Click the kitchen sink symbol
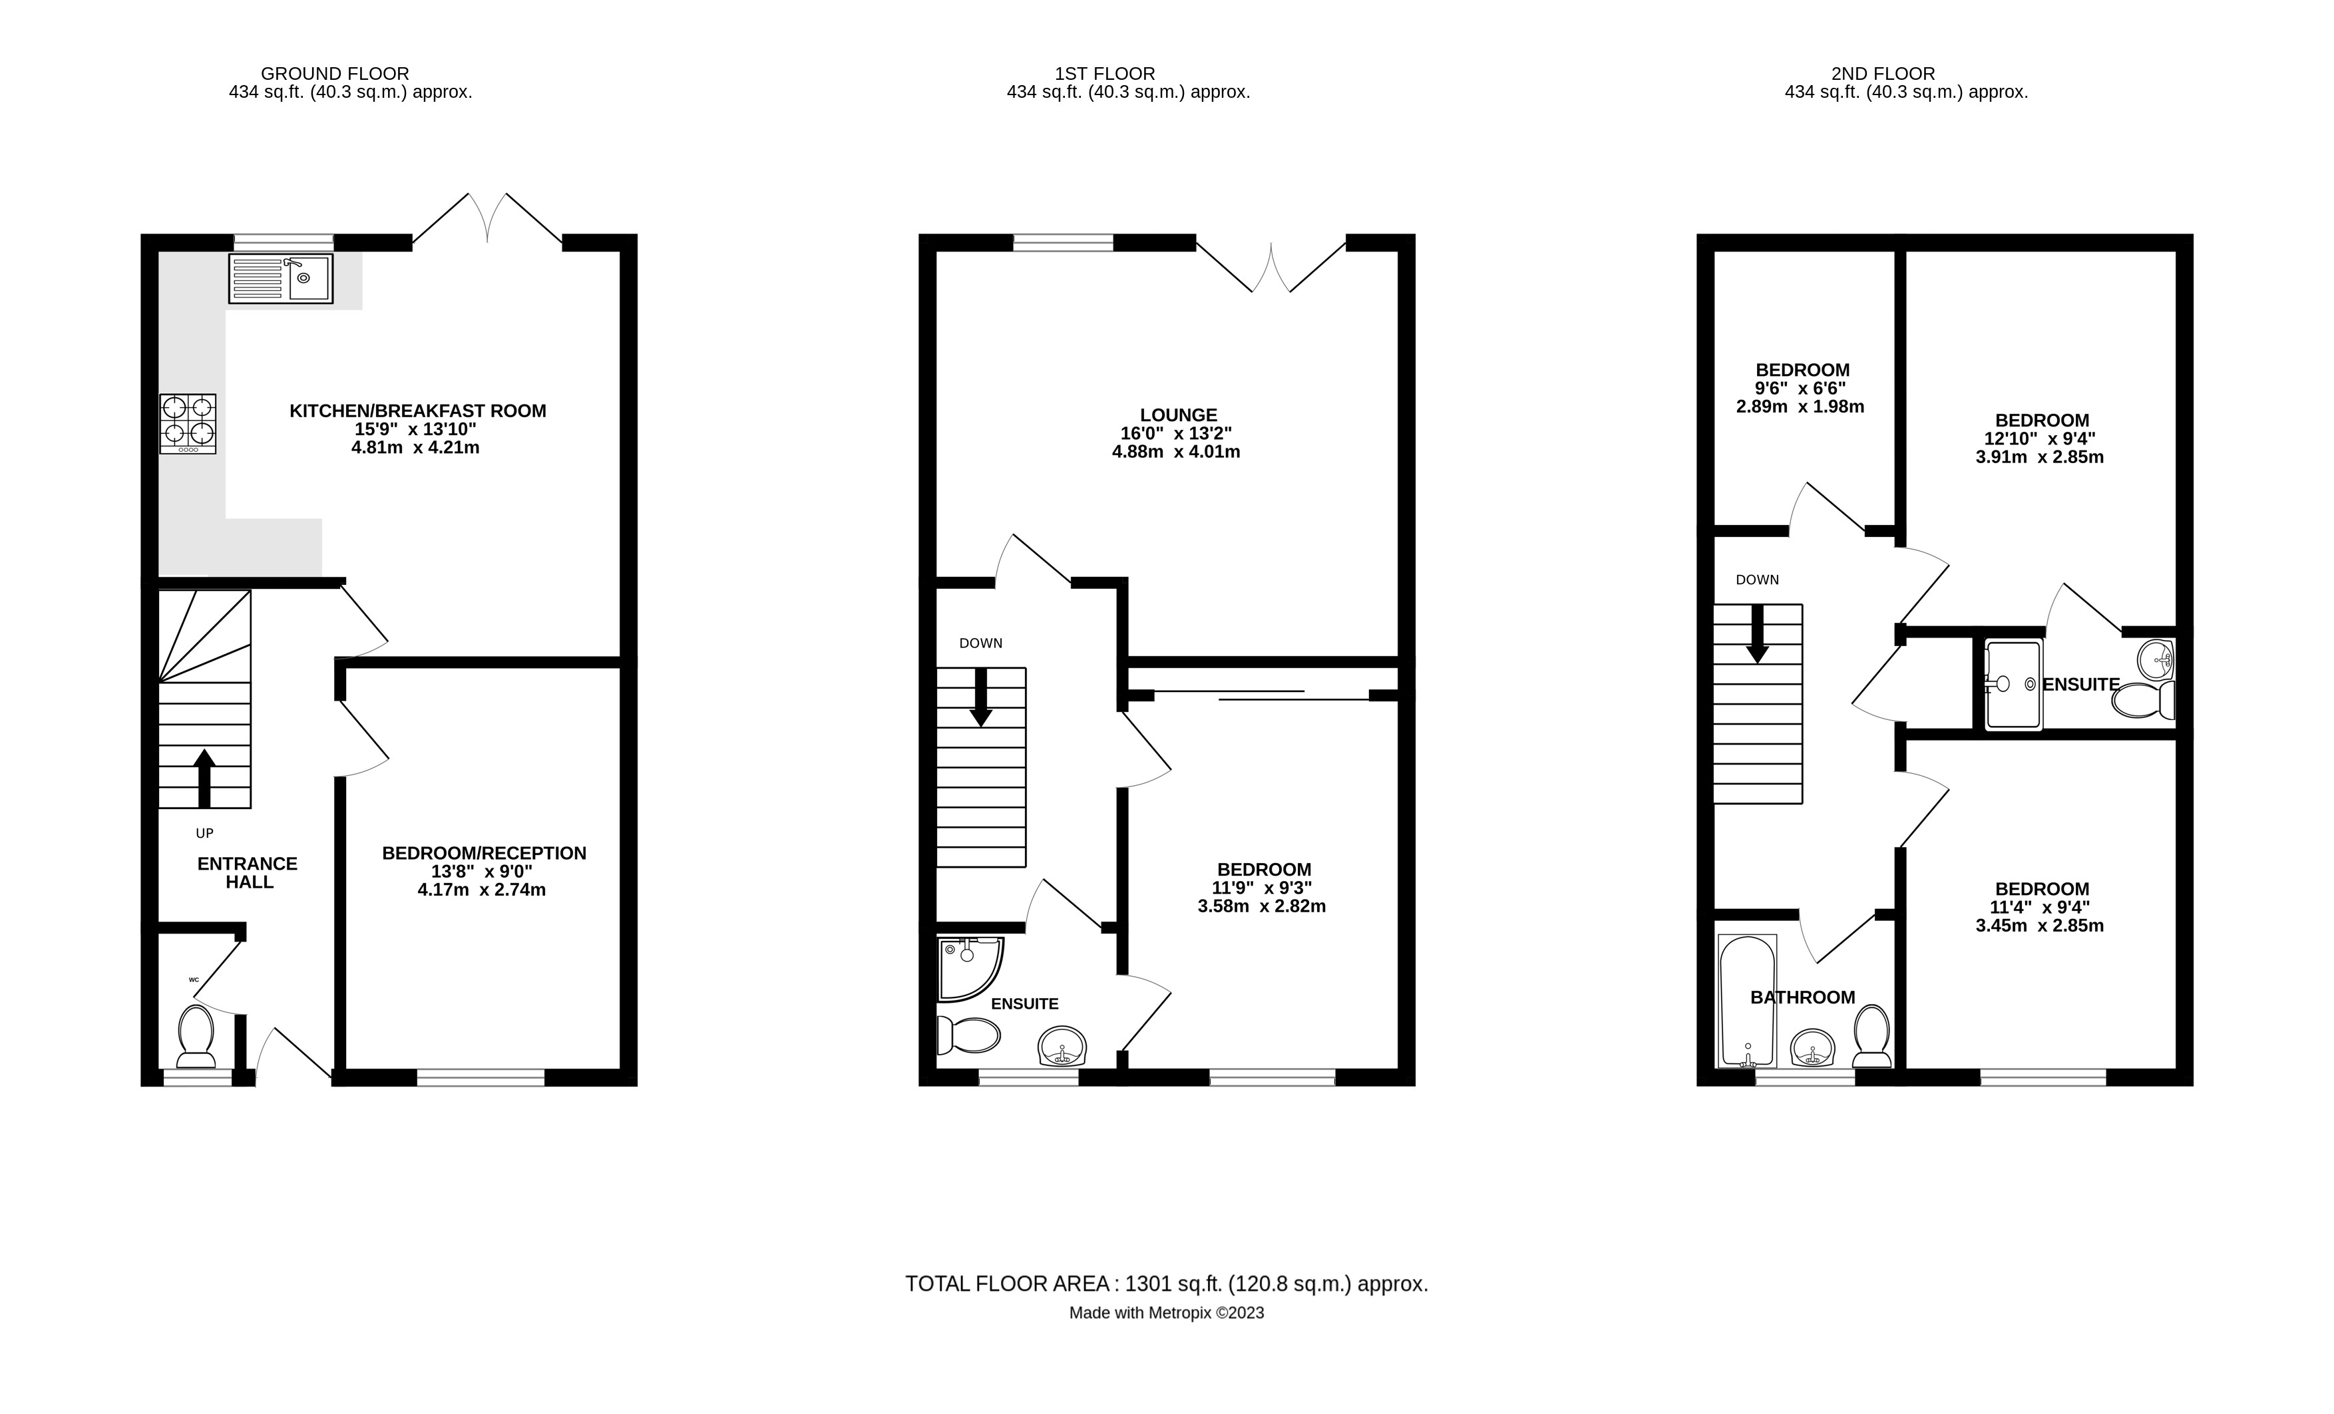(x=280, y=278)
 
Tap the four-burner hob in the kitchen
(x=188, y=423)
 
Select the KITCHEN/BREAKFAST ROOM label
(x=418, y=411)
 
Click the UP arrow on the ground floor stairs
(x=204, y=776)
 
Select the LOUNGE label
(x=1179, y=415)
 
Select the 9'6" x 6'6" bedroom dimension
(x=1801, y=389)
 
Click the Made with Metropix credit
(x=1166, y=1314)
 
